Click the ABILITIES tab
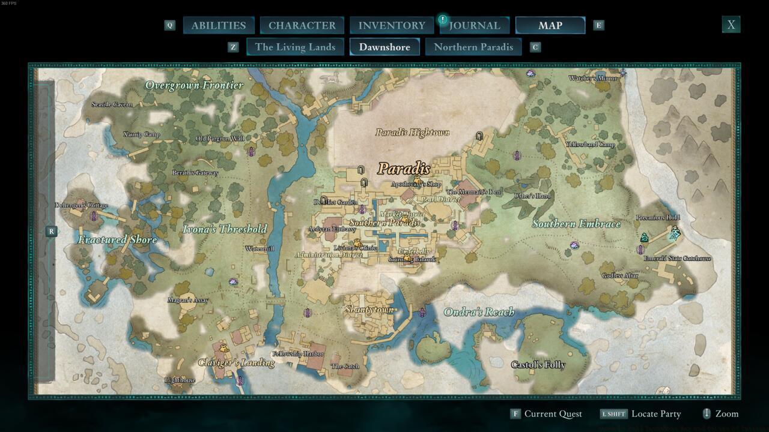point(218,25)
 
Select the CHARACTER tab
point(302,25)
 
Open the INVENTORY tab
point(392,25)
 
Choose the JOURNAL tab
point(475,25)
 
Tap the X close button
point(731,25)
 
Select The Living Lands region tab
point(295,47)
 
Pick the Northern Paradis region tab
point(473,47)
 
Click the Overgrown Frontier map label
point(194,85)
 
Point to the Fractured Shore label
point(117,240)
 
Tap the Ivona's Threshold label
point(225,229)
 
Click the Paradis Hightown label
point(412,133)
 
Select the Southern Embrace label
point(576,224)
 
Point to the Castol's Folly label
point(538,365)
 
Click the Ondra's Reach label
point(479,312)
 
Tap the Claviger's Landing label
point(236,362)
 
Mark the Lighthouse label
point(180,380)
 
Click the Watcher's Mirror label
point(592,79)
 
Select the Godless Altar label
point(620,276)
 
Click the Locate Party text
point(656,413)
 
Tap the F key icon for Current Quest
point(515,413)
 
